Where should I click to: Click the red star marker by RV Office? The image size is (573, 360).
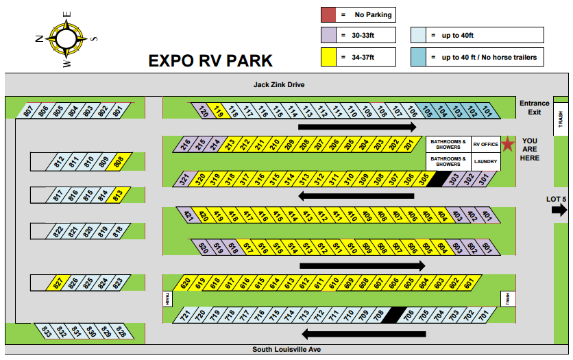click(x=507, y=144)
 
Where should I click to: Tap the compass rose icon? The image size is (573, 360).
click(x=66, y=38)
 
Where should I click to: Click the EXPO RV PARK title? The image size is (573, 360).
click(x=210, y=61)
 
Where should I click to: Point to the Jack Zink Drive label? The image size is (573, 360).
click(x=278, y=85)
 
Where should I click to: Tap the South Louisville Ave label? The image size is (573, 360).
click(x=286, y=350)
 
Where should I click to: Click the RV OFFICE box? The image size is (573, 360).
click(x=485, y=144)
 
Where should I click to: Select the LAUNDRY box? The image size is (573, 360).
click(x=485, y=163)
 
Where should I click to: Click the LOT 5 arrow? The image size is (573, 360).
click(x=559, y=211)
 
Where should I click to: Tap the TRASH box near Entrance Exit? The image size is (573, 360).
click(x=560, y=121)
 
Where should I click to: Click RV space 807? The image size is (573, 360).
click(x=28, y=110)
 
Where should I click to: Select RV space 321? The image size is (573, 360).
click(x=184, y=180)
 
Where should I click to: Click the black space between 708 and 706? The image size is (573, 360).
click(x=393, y=315)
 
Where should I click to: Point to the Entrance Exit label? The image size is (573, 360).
click(x=534, y=108)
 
